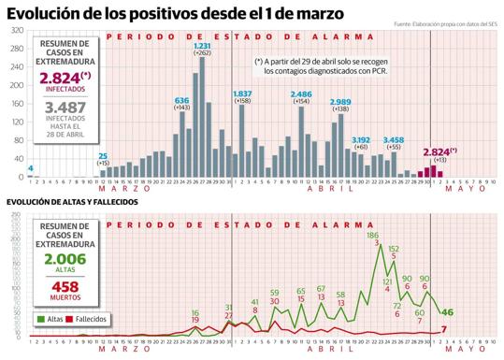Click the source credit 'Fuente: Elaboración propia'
[445, 23]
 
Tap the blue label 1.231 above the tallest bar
[201, 46]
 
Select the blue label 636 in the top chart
[181, 100]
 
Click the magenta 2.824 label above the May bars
[436, 151]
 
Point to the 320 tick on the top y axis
[18, 31]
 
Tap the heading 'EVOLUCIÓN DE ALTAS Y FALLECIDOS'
[72, 202]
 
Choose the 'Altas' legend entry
[51, 319]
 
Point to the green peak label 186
[372, 236]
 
